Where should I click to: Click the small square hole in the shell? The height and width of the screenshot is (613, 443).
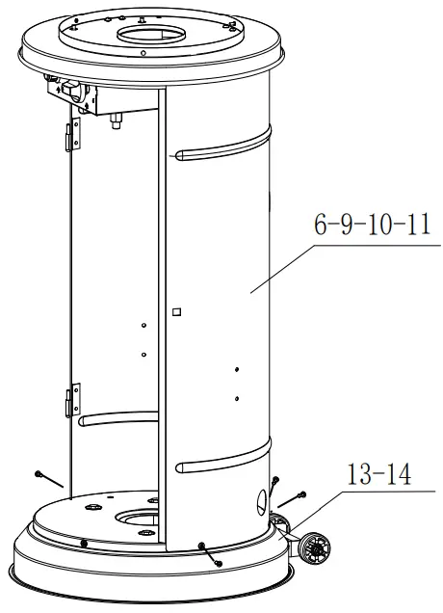(x=175, y=311)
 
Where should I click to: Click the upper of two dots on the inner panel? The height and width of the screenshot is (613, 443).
(x=142, y=326)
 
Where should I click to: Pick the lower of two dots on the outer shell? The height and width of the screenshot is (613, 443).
(x=236, y=395)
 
